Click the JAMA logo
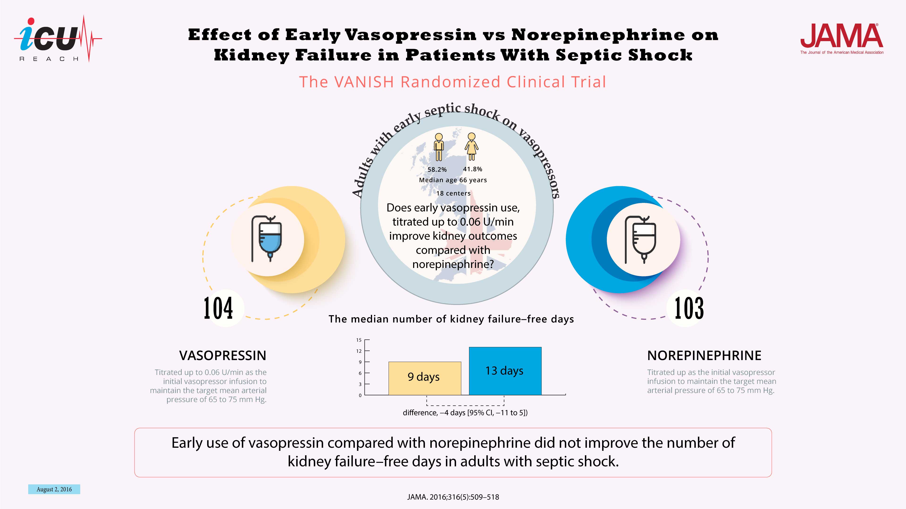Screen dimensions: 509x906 (x=841, y=38)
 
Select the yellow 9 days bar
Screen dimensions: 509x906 (x=424, y=378)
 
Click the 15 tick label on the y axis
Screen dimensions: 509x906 (x=359, y=340)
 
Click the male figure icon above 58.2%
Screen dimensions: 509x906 (x=439, y=147)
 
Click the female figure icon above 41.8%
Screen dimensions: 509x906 (x=472, y=147)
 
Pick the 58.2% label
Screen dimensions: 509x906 (x=437, y=169)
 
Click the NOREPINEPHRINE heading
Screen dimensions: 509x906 (x=704, y=356)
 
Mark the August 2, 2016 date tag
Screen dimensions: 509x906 (x=54, y=489)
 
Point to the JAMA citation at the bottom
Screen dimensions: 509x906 (x=453, y=497)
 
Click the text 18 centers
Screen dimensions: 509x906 (x=453, y=193)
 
